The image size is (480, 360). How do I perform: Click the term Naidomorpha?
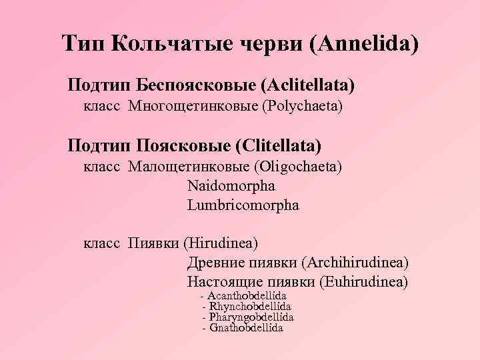231,185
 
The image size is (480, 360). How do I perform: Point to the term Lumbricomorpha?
243,205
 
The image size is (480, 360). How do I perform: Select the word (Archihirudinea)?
355,263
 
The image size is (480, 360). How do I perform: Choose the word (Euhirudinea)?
364,282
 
